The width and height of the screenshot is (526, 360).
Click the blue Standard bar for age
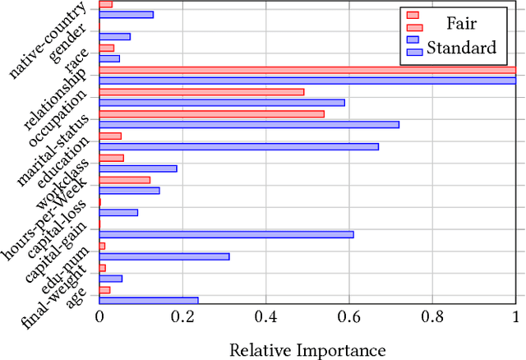pos(148,300)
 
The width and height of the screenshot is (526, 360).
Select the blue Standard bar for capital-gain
pos(226,234)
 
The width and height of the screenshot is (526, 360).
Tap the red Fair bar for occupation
pos(201,91)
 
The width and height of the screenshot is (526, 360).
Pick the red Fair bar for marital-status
pos(212,113)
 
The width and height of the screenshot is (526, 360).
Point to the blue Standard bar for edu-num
pos(164,256)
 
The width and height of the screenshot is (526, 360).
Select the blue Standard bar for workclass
pos(138,168)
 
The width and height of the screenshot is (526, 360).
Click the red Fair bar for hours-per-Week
pos(125,179)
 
